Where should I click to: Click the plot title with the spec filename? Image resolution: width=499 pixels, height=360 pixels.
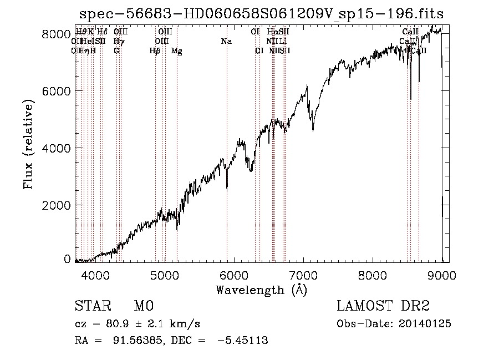[x=261, y=13]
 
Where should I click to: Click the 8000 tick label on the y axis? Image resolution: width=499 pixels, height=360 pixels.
[x=56, y=34]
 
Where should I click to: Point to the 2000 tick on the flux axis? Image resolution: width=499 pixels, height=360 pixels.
[x=56, y=205]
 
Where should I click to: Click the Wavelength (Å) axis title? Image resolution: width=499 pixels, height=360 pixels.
[x=261, y=289]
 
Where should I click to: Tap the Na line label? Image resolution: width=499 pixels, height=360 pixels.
[x=226, y=42]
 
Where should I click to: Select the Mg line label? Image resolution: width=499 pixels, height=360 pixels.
[x=177, y=51]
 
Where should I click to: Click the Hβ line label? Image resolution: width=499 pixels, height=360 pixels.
[x=155, y=51]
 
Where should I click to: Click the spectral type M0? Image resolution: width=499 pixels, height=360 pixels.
[x=143, y=306]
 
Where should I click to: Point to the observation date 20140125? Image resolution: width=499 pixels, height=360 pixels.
[x=425, y=324]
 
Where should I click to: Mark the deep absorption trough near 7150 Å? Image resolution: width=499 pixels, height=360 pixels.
[x=313, y=130]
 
